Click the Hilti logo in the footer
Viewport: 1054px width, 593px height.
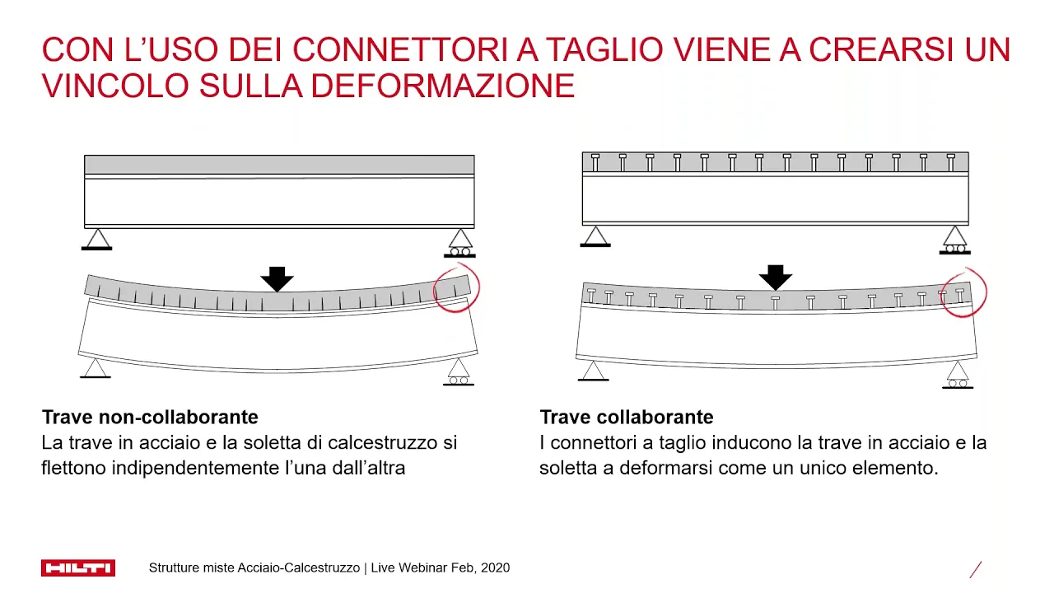coord(78,567)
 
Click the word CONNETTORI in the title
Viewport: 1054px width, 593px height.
coord(400,49)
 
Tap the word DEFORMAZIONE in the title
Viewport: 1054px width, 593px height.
coord(442,86)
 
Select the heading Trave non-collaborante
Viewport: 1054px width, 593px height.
coord(150,417)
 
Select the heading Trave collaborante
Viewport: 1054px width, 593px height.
coord(627,417)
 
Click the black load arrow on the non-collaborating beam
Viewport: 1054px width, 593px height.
coord(277,279)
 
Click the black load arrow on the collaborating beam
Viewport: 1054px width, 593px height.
coord(776,278)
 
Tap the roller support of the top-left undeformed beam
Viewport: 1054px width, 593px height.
coord(459,243)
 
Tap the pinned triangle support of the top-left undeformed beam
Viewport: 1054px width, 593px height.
coord(97,239)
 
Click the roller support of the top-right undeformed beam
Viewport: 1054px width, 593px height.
coord(954,240)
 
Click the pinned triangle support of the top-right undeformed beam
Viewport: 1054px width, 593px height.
coord(595,236)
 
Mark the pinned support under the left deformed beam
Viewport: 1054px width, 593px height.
coord(96,368)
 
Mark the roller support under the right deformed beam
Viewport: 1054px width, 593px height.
coord(958,375)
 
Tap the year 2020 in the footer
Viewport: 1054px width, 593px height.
coord(495,567)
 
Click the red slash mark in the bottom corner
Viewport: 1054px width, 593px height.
coord(976,569)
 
